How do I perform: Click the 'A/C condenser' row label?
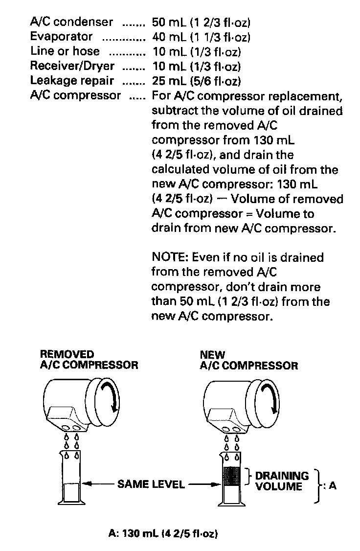72,22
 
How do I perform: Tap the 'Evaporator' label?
61,37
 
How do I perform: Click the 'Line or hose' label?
65,51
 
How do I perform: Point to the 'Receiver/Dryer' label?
72,66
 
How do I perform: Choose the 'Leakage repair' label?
72,80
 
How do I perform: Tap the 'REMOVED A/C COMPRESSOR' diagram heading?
89,360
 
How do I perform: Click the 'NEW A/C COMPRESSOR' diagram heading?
248,360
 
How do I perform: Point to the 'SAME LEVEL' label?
151,484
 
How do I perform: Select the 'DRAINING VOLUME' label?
282,481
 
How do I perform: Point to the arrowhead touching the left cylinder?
84,484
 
